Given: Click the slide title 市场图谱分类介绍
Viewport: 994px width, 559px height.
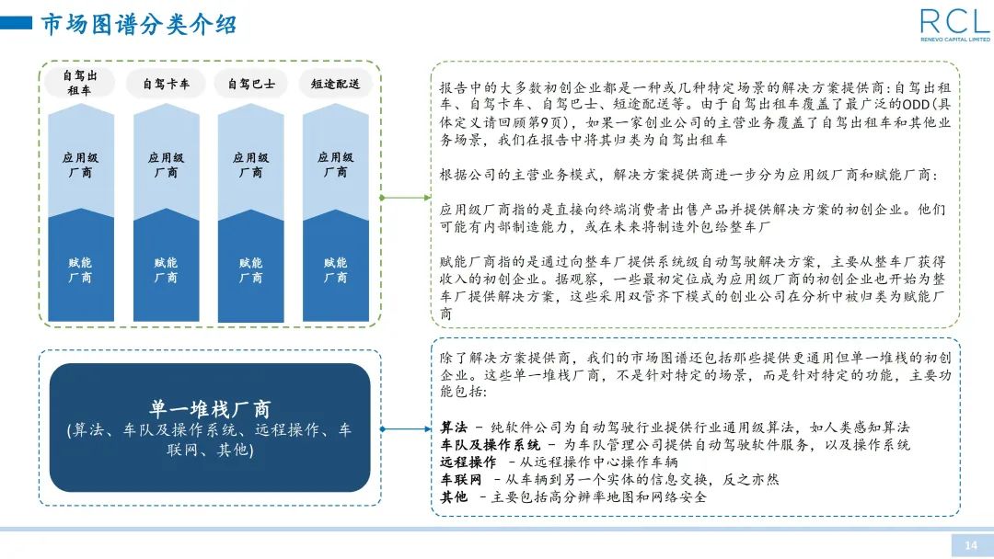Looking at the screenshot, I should click(139, 24).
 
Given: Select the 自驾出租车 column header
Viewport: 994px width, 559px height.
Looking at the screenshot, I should click(80, 83).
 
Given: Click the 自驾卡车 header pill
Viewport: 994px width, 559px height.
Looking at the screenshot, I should click(166, 84).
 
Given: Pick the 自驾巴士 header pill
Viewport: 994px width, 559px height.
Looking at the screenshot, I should click(250, 84).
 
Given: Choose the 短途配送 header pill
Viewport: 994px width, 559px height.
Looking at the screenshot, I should click(335, 84).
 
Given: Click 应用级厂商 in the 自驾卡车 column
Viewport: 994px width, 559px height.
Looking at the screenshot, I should click(166, 165).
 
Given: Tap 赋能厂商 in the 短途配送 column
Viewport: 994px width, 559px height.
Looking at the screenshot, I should click(335, 269).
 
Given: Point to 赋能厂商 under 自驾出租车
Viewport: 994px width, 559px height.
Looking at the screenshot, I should click(80, 269).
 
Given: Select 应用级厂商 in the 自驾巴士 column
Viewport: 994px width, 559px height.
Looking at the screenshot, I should click(250, 165).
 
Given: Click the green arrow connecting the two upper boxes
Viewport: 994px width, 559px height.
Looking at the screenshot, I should click(406, 197).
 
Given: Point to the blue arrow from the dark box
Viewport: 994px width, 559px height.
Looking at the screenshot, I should click(406, 428).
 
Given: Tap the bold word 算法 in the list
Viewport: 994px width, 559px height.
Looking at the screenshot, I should click(454, 428).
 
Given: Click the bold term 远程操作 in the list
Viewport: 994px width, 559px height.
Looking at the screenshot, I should click(468, 462).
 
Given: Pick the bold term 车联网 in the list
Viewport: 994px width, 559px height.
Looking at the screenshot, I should click(461, 479).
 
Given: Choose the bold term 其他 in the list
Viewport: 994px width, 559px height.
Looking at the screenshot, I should click(454, 496).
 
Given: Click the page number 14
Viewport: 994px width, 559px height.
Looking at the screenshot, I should click(970, 545).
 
